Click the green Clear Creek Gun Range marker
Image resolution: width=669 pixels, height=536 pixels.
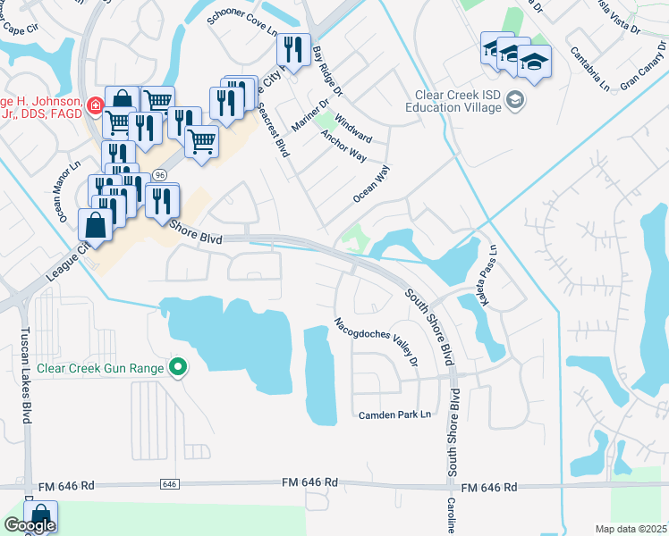179,367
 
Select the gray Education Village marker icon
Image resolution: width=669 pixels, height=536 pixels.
514,99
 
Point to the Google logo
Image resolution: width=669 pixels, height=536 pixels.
29,525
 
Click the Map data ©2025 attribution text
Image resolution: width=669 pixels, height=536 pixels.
630,529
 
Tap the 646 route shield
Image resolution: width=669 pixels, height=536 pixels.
170,483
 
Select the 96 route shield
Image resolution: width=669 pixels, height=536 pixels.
159,173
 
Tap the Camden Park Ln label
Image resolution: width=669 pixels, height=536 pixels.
394,415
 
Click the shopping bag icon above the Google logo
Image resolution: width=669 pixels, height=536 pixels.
40,516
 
